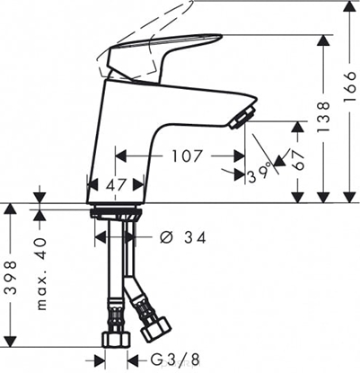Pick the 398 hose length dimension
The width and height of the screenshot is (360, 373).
point(11,281)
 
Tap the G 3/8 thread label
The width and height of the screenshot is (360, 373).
point(173,360)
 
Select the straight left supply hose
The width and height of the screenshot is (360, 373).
point(113,279)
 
